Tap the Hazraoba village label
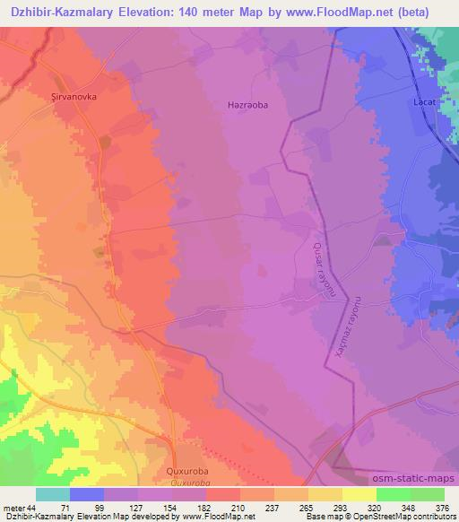click(x=240, y=106)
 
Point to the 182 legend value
click(x=204, y=507)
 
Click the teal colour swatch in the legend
click(x=53, y=494)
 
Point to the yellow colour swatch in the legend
click(x=359, y=494)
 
